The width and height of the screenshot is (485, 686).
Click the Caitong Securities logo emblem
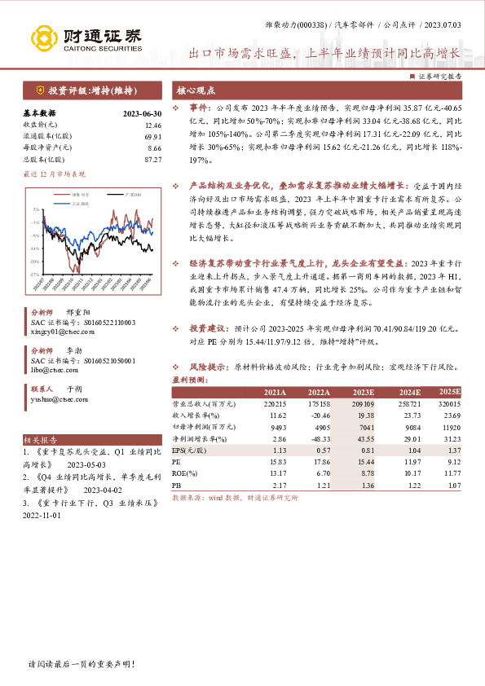point(46,37)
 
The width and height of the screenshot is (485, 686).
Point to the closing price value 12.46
point(152,125)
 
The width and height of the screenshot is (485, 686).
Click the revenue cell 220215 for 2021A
point(275,403)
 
